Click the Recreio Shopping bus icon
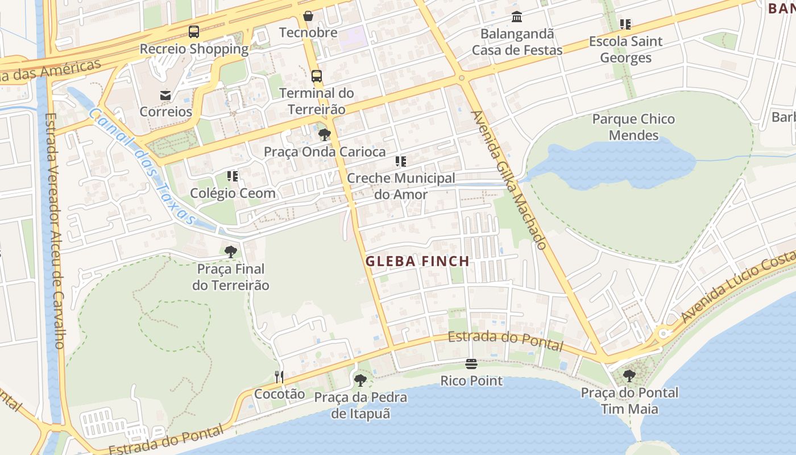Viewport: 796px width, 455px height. point(194,32)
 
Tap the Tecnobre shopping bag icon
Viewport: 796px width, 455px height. point(308,15)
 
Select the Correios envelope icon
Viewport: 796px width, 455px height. point(165,95)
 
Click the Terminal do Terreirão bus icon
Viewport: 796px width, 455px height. point(317,76)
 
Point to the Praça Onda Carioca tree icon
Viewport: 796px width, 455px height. point(325,135)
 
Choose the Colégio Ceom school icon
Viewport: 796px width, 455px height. point(233,176)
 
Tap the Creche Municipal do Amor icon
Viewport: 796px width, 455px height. point(401,162)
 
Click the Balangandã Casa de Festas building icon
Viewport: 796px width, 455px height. point(517,16)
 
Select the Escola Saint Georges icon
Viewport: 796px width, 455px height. point(625,24)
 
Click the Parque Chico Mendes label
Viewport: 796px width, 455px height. point(633,127)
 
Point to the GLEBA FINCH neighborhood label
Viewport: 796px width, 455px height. point(417,262)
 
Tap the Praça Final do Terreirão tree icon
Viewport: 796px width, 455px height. point(231,251)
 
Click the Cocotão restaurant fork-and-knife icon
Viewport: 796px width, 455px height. point(279,377)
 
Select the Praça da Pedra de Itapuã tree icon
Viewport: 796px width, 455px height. point(360,380)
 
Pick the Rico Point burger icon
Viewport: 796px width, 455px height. point(471,363)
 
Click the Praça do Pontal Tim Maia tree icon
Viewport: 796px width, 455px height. point(629,375)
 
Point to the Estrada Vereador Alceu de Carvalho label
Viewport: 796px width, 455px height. point(55,230)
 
